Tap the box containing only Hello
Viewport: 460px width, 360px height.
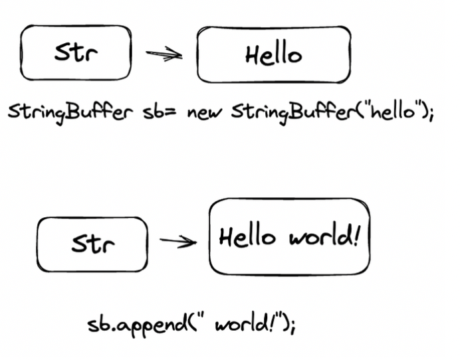point(273,56)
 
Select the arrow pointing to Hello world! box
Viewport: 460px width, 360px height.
point(178,240)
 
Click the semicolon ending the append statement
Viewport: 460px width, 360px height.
point(291,327)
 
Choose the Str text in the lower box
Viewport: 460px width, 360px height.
point(92,243)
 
